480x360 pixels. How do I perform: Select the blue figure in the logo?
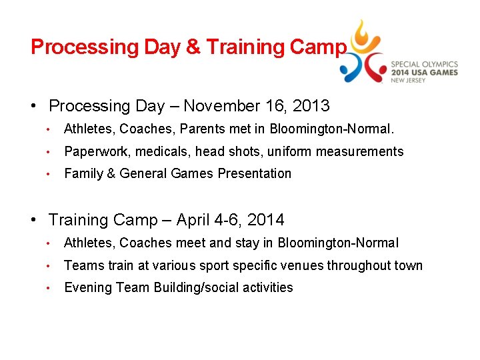tap(349, 68)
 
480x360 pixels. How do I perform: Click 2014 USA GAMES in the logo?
tap(424, 72)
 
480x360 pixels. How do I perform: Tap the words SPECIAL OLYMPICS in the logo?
tap(424, 63)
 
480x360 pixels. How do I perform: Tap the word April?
tap(196, 220)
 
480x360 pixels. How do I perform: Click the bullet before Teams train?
tap(49, 266)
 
